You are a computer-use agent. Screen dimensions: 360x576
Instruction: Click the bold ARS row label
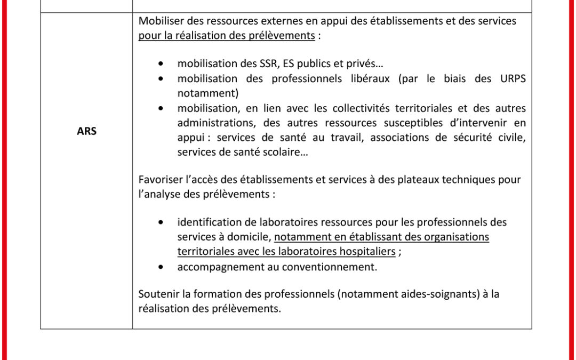click(x=86, y=131)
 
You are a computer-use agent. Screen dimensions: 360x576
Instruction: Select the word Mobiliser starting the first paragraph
click(x=159, y=21)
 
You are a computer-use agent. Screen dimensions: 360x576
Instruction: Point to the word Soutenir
click(x=157, y=294)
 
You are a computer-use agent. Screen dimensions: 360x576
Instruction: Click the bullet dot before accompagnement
click(x=161, y=267)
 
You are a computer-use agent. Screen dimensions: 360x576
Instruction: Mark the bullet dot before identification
click(x=161, y=222)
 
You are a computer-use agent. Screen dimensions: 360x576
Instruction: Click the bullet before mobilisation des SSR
click(x=161, y=63)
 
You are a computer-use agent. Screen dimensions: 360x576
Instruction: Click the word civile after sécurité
click(x=510, y=138)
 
